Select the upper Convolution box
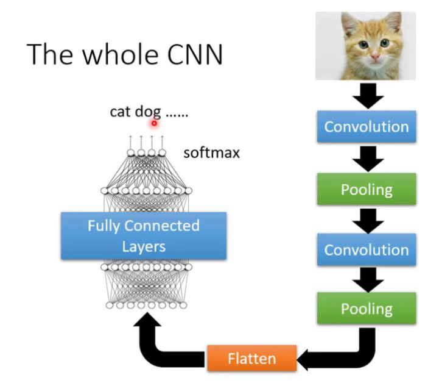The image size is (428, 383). [366, 127]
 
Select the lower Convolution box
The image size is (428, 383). [366, 249]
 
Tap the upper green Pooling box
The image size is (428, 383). [366, 188]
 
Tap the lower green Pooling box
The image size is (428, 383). [366, 309]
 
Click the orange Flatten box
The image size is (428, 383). [251, 359]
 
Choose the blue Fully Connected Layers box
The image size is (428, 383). [144, 235]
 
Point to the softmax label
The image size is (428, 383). [211, 152]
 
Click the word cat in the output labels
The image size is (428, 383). [121, 112]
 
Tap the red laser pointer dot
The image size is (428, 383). [154, 123]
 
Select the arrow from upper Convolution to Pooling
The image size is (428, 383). [367, 157]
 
